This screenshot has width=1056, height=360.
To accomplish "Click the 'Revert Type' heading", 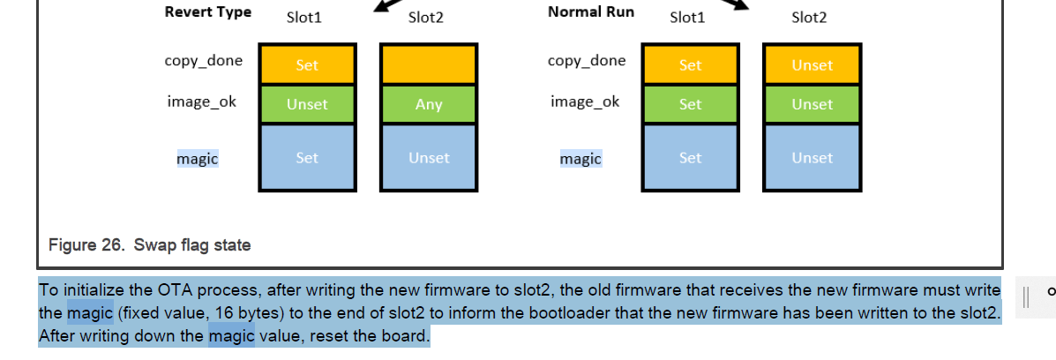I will (x=207, y=12).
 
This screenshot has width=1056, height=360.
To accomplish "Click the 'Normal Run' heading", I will (x=590, y=12).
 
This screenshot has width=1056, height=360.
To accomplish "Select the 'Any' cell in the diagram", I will (x=429, y=105).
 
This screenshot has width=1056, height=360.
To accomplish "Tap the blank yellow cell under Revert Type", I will (x=429, y=64).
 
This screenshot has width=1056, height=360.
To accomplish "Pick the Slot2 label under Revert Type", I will (x=425, y=18).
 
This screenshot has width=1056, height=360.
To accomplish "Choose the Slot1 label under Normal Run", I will (x=687, y=18).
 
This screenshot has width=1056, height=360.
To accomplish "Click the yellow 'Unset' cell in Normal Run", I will (x=812, y=65).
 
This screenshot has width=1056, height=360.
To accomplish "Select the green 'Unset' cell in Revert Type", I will (x=307, y=105).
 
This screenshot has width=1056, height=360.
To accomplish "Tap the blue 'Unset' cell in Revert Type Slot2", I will (x=429, y=158).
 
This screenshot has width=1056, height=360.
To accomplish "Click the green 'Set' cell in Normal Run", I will (x=690, y=105).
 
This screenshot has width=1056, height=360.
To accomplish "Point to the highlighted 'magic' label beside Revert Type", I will (x=197, y=159).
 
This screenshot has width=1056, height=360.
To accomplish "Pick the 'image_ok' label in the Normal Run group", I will (x=585, y=101).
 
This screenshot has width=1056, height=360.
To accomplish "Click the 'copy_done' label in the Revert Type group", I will (x=203, y=61).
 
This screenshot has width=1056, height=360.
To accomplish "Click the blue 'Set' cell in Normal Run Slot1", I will (x=690, y=158).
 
